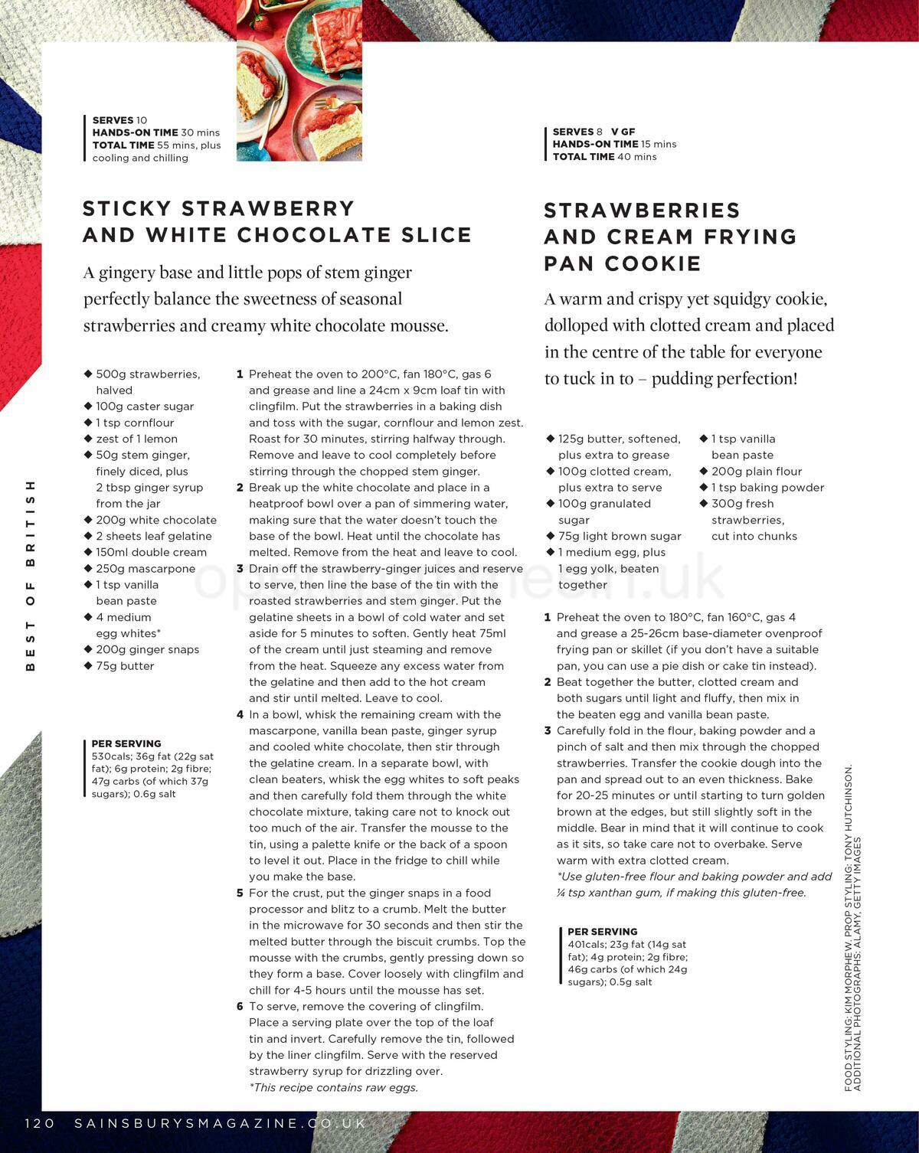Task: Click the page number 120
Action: coord(40,1124)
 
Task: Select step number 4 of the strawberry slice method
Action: coord(240,714)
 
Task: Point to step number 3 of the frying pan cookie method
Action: coord(548,730)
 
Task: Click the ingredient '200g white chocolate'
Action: coord(155,520)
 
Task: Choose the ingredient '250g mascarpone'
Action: coord(145,569)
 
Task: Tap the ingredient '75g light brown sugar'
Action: coord(619,537)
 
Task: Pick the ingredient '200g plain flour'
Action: coord(756,472)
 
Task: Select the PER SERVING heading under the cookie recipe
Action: coord(602,932)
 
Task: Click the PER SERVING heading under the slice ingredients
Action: coord(126,743)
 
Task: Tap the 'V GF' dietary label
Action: coord(623,132)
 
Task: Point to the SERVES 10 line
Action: coord(119,120)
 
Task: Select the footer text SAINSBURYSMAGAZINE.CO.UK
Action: coord(221,1124)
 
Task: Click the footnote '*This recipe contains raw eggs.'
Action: coord(333,1087)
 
